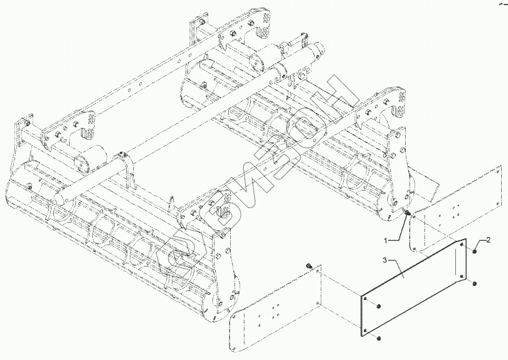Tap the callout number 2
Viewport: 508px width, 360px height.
click(487, 241)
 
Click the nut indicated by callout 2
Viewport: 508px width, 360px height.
click(476, 251)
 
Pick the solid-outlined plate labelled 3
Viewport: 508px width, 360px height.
click(414, 289)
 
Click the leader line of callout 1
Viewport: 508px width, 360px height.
click(396, 229)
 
